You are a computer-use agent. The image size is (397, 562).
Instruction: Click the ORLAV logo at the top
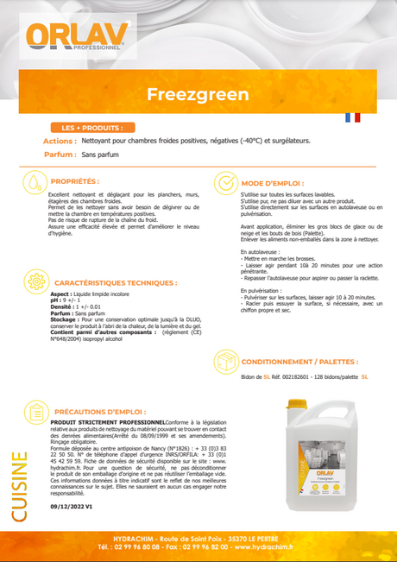click(77, 35)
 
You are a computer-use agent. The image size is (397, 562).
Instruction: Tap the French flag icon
click(352, 117)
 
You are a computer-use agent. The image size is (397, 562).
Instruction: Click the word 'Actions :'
click(60, 140)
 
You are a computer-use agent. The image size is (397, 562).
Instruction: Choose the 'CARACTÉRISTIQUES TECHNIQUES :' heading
click(116, 282)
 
